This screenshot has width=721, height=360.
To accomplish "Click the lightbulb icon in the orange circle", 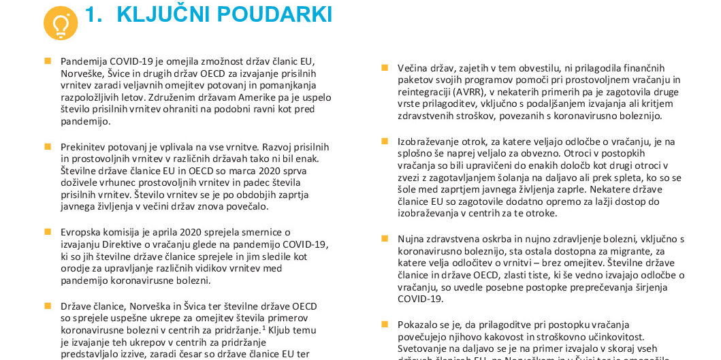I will (x=61, y=24).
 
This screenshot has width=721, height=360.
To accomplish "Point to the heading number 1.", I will (x=93, y=14).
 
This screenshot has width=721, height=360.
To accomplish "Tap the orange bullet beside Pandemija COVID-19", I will (x=48, y=61).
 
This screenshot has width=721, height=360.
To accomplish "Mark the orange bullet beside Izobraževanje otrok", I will (x=385, y=141).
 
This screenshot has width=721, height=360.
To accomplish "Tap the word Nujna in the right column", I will (x=411, y=239).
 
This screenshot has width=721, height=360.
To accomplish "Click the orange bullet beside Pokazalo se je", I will (x=385, y=325).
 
